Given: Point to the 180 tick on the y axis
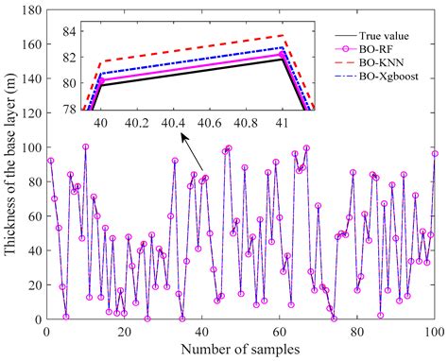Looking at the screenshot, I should (30, 11).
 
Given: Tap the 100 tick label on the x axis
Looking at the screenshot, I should (433, 332).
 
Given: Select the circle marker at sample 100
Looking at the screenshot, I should (435, 153).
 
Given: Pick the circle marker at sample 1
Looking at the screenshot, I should (51, 161).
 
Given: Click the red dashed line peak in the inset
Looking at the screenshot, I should (284, 36).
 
